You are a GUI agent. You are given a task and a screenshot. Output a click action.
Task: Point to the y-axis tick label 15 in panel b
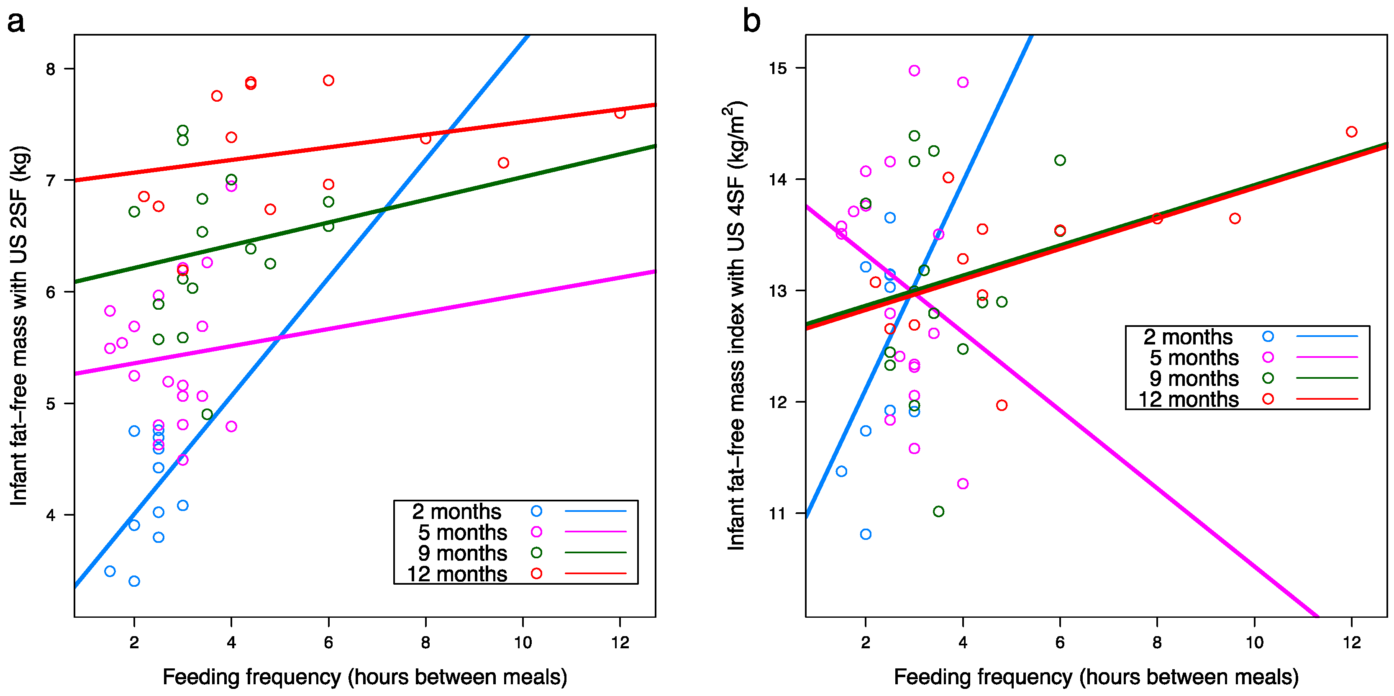pos(778,68)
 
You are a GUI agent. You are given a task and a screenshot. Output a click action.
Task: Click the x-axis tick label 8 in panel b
pos(1157,642)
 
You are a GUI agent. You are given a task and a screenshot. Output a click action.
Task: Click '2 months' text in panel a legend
pos(457,511)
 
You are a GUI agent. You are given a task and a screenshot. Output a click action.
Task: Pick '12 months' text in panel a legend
pos(457,574)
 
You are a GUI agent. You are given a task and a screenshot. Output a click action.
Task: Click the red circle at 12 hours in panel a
pos(620,113)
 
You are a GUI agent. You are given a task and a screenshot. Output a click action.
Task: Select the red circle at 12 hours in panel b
pos(1351,131)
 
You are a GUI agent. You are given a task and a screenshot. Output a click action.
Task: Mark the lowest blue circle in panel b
pos(866,534)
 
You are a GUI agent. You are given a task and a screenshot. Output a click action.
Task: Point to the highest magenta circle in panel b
pos(915,70)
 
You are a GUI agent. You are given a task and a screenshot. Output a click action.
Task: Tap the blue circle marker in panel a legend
pos(536,511)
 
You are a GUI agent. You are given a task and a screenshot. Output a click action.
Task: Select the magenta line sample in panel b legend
pos(1327,357)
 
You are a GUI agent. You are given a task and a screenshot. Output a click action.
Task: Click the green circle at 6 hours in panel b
pos(1060,160)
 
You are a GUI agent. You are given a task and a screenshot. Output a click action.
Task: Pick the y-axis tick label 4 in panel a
pos(50,515)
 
